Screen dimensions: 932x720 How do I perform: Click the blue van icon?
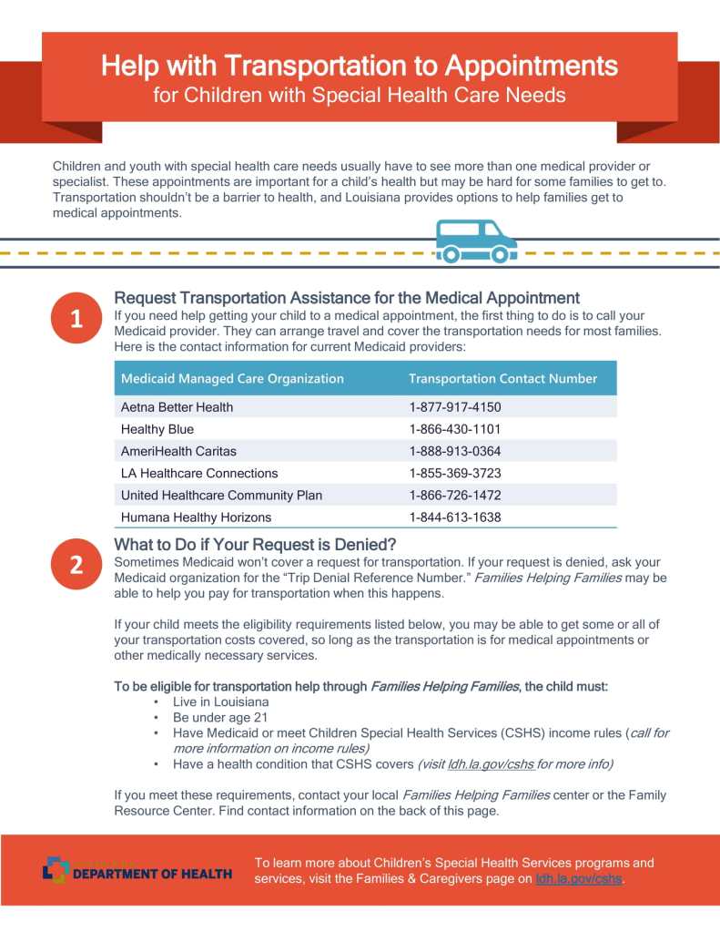tap(476, 241)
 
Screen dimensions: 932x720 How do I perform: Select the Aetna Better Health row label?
tap(177, 407)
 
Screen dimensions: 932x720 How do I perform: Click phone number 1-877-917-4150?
tap(455, 407)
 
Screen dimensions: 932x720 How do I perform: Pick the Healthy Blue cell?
tap(157, 429)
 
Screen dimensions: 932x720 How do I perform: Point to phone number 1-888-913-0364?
tap(455, 451)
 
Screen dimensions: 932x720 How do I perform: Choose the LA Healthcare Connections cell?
tap(199, 474)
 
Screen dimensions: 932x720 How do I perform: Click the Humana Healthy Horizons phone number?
tap(455, 517)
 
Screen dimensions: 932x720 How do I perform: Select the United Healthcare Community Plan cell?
tap(221, 496)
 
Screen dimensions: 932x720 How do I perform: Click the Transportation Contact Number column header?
tap(502, 378)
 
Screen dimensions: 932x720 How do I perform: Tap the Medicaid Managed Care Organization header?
tap(232, 378)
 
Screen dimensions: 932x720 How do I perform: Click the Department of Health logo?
tap(137, 871)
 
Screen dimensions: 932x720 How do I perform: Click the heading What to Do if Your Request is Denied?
tap(255, 545)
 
